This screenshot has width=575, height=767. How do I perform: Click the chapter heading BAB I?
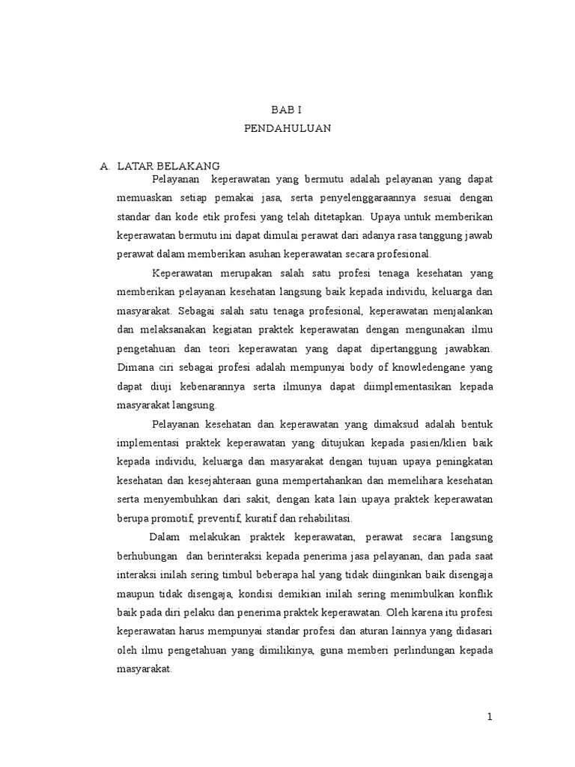[x=287, y=109]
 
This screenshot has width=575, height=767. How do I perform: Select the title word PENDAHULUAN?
[x=287, y=128]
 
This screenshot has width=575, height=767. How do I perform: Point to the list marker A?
[x=105, y=166]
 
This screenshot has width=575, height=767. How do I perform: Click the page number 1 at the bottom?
[x=490, y=717]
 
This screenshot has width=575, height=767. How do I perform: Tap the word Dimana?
[x=135, y=367]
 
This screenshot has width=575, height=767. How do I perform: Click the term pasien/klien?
[x=434, y=443]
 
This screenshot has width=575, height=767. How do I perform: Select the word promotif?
[x=180, y=518]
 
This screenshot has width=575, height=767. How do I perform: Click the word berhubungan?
[x=147, y=556]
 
